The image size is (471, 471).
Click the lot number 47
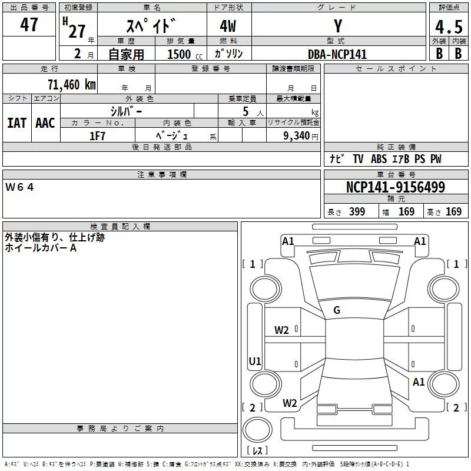click(29, 25)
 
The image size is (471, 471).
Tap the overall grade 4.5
click(448, 27)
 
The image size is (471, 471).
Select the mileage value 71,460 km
click(71, 85)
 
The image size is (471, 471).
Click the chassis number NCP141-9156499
click(395, 188)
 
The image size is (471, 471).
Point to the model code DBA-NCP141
click(337, 54)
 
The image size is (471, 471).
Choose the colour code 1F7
click(97, 136)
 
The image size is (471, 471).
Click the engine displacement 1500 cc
click(183, 54)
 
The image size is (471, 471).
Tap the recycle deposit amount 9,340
click(297, 136)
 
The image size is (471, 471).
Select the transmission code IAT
click(16, 123)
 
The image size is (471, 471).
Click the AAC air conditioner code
click(45, 123)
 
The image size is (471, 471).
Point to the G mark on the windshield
click(337, 310)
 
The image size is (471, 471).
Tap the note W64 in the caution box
click(20, 187)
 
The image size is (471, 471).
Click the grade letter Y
click(337, 26)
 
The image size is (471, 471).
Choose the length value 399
click(357, 212)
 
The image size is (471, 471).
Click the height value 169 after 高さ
click(453, 212)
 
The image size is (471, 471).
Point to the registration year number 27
click(77, 31)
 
